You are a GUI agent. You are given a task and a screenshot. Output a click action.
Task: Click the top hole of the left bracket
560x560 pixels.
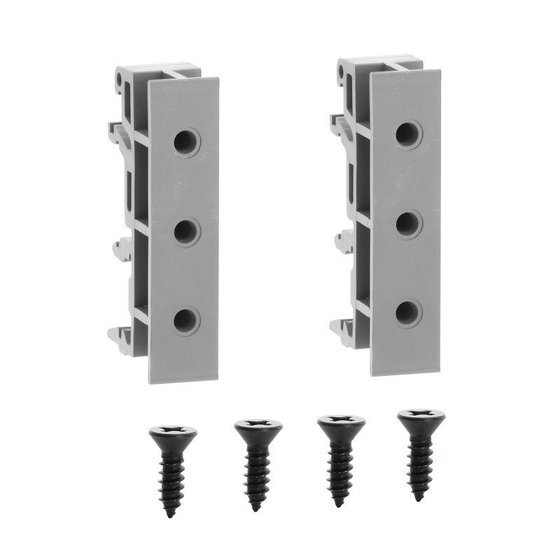[187, 143]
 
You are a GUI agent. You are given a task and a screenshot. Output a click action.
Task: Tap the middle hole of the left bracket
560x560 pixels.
[186, 232]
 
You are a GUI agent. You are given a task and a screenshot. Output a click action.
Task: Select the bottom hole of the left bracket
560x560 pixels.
[186, 320]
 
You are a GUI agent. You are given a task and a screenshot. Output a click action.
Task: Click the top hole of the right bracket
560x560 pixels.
[408, 134]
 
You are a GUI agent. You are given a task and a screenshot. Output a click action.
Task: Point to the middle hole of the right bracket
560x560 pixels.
[408, 224]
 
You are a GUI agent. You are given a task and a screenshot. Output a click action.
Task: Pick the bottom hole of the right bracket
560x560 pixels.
[407, 312]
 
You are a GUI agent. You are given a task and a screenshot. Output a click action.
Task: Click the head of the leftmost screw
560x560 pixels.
[173, 432]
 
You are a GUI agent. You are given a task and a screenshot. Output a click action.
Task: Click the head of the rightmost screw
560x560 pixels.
[421, 418]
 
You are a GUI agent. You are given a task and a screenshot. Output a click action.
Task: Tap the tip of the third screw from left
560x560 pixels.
[339, 504]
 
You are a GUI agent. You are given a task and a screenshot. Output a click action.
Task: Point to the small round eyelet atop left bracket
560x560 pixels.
[125, 82]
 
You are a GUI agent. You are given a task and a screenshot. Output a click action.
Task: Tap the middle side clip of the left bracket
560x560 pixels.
[121, 246]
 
